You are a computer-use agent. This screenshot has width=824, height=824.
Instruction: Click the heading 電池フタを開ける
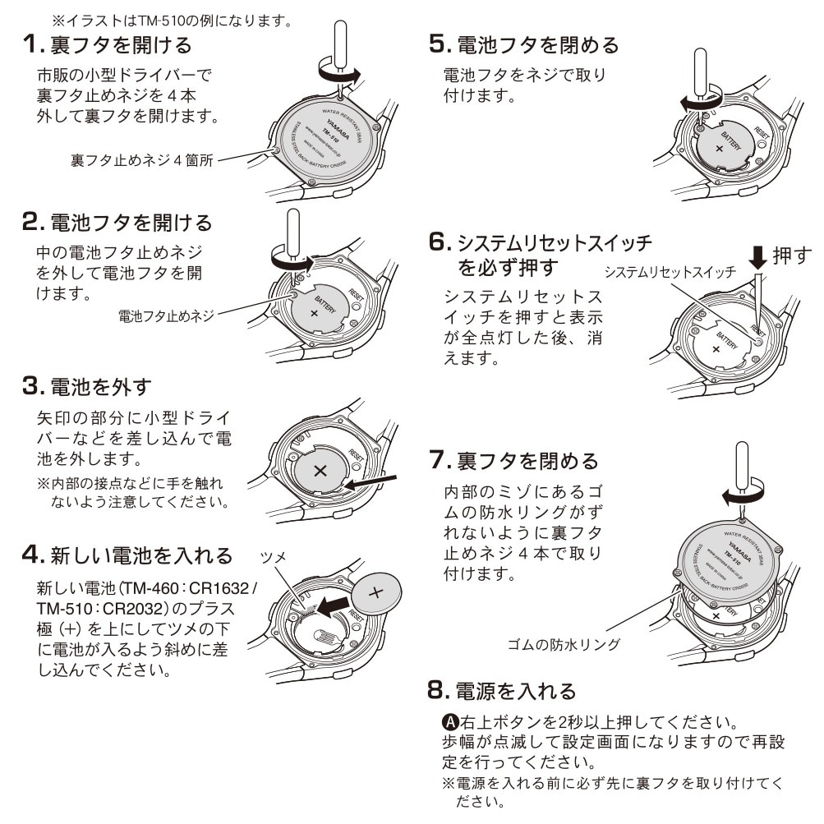click(131, 223)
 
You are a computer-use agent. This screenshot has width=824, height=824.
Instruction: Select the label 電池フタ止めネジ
click(164, 315)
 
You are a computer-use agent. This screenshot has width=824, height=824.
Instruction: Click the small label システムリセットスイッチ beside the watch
click(670, 273)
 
